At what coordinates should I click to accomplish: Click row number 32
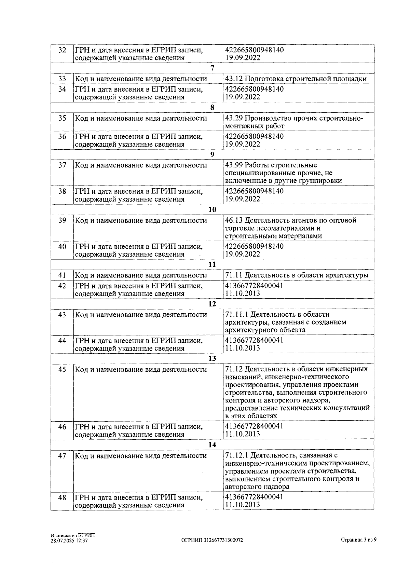pyautogui.click(x=62, y=50)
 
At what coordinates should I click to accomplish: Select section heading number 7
pyautogui.click(x=212, y=68)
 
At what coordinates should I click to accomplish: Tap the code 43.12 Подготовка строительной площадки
pyautogui.click(x=296, y=79)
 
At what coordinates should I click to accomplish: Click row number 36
pyautogui.click(x=62, y=137)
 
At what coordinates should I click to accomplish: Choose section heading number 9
pyautogui.click(x=212, y=154)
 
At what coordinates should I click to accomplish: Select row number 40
pyautogui.click(x=62, y=246)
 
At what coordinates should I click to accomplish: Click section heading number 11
pyautogui.click(x=212, y=264)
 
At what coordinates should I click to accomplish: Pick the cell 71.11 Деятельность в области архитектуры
pyautogui.click(x=297, y=275)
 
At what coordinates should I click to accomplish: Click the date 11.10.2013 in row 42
pyautogui.click(x=243, y=293)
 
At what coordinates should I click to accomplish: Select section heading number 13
pyautogui.click(x=212, y=358)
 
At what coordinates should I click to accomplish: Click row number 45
pyautogui.click(x=62, y=370)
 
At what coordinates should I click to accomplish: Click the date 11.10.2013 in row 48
pyautogui.click(x=243, y=505)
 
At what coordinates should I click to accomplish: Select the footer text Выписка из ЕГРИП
pyautogui.click(x=73, y=535)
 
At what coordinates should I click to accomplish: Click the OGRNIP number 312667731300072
pyautogui.click(x=223, y=540)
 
